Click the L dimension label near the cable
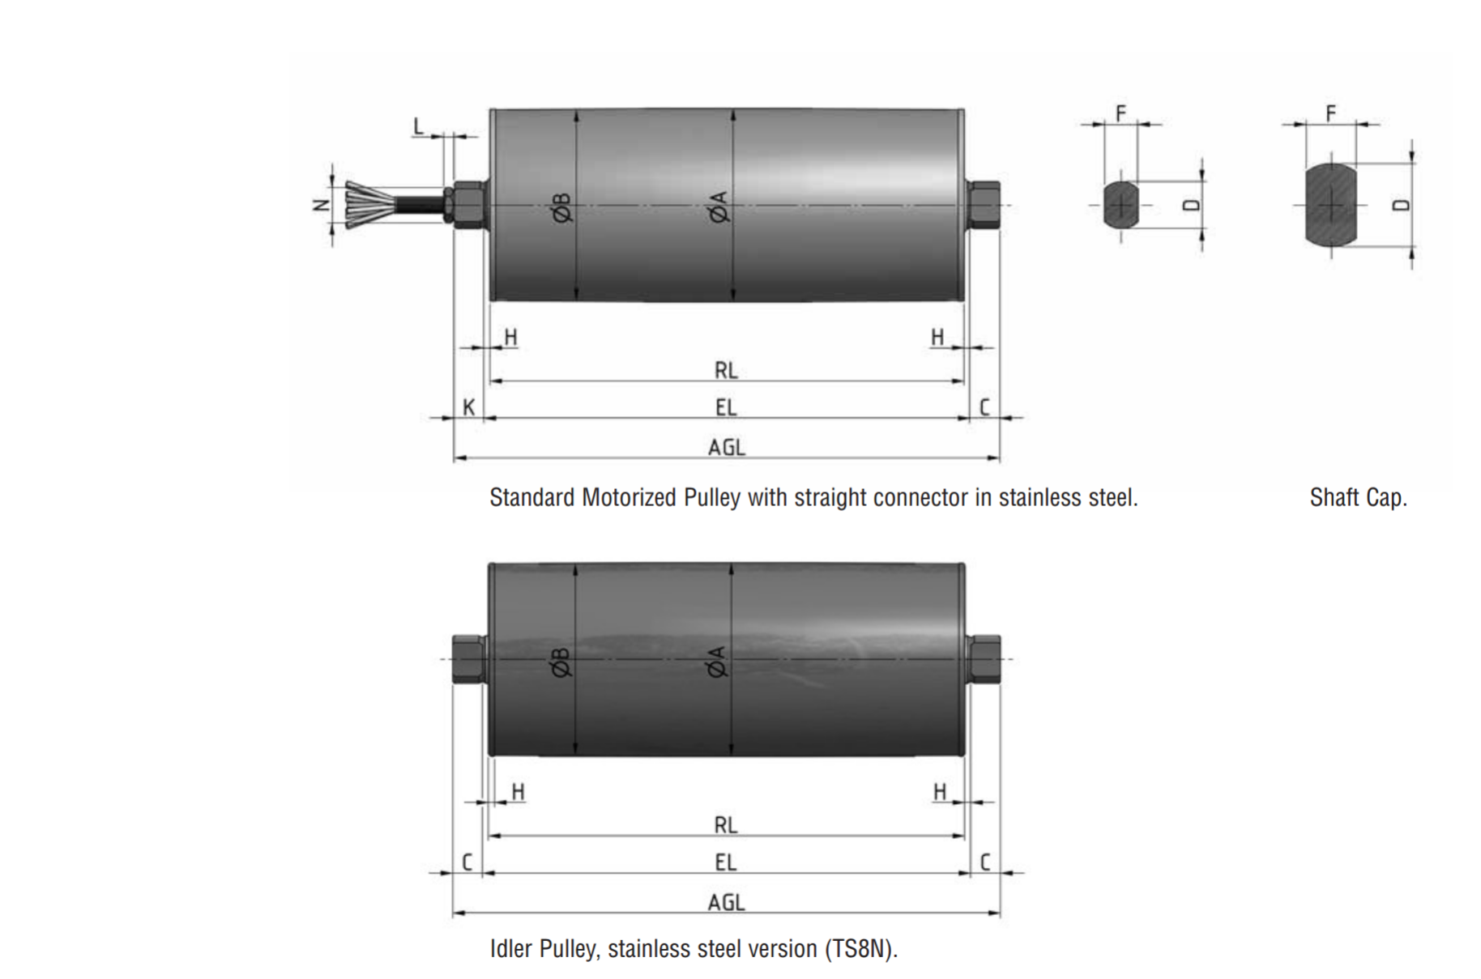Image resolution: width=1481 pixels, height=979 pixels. pyautogui.click(x=418, y=126)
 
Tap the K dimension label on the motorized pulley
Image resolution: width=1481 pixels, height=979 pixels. pyautogui.click(x=468, y=406)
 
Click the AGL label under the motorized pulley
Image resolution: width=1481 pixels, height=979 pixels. pyautogui.click(x=726, y=447)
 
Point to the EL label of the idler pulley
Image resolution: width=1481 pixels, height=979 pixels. pyautogui.click(x=726, y=862)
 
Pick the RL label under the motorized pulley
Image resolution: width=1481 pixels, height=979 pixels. pyautogui.click(x=726, y=370)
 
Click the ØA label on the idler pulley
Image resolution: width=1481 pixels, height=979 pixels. pyautogui.click(x=718, y=661)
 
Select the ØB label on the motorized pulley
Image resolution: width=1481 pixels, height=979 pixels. pyautogui.click(x=561, y=207)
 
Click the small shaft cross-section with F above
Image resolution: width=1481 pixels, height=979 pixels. pyautogui.click(x=1120, y=204)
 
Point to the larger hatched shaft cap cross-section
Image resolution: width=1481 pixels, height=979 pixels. pyautogui.click(x=1330, y=204)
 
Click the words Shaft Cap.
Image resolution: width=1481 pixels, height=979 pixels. pyautogui.click(x=1358, y=496)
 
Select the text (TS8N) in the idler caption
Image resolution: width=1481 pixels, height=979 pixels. pyautogui.click(x=861, y=948)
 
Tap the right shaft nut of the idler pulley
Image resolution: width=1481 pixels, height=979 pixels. pyautogui.click(x=984, y=659)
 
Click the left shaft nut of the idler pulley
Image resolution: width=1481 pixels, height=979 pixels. pyautogui.click(x=469, y=659)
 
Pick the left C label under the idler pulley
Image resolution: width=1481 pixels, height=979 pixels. pyautogui.click(x=467, y=862)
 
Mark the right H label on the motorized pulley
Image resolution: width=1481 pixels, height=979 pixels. pyautogui.click(x=937, y=337)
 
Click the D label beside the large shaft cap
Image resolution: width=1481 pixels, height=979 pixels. pyautogui.click(x=1401, y=205)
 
